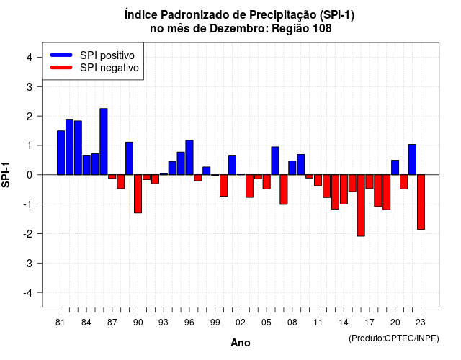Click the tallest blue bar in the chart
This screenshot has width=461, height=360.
tap(104, 142)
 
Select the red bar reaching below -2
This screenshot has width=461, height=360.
tap(361, 205)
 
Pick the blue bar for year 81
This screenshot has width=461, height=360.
tap(61, 153)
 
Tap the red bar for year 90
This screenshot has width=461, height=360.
tap(138, 194)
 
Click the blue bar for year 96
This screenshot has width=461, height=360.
tap(189, 158)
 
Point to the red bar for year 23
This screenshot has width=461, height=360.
tap(421, 202)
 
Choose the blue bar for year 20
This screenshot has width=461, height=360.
tap(395, 168)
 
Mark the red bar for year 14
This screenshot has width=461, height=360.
tap(344, 189)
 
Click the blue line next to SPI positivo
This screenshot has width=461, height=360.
tap(61, 55)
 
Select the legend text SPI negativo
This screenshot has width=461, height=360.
tap(109, 68)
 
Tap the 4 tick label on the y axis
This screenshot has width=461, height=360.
tap(30, 58)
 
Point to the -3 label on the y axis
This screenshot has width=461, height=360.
tap(27, 264)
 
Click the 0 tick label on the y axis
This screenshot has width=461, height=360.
tap(30, 175)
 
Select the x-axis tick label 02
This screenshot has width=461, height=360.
tap(241, 323)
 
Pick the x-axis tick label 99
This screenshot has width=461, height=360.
tap(215, 323)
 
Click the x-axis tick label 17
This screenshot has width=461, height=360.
tap(370, 323)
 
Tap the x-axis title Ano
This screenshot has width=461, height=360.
tap(241, 343)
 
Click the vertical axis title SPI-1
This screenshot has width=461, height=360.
tap(6, 175)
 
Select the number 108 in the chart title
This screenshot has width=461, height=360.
tap(322, 29)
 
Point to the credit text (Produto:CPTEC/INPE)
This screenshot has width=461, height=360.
tap(394, 338)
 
